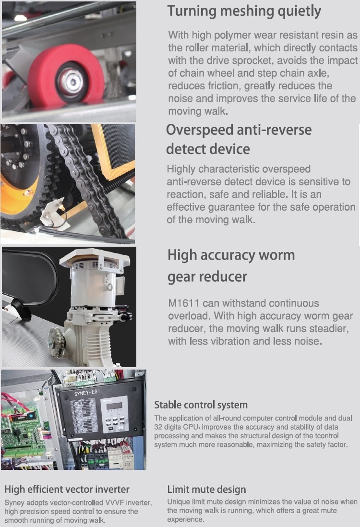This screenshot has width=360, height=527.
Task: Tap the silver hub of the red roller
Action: pyautogui.click(x=72, y=81)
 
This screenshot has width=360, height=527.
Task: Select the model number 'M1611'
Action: pyautogui.click(x=183, y=303)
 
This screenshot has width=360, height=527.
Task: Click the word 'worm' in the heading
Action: pyautogui.click(x=276, y=255)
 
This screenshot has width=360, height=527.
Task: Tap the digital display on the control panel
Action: pyautogui.click(x=114, y=406)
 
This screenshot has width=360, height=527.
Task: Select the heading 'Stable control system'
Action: pyautogui.click(x=201, y=405)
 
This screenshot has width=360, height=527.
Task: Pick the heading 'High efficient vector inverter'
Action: pyautogui.click(x=67, y=490)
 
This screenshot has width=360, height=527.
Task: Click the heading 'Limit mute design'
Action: pyautogui.click(x=207, y=490)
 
